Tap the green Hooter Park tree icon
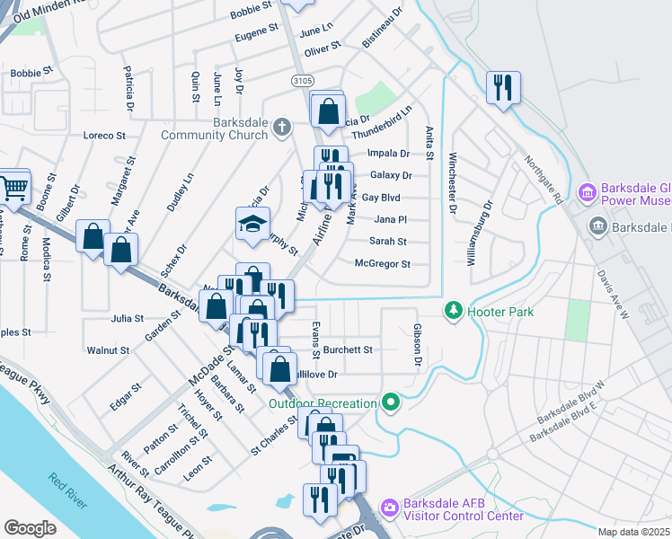(x=455, y=311)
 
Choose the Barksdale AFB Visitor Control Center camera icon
(x=389, y=508)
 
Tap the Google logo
(x=31, y=528)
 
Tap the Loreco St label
(x=104, y=136)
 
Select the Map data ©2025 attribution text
(x=634, y=532)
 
